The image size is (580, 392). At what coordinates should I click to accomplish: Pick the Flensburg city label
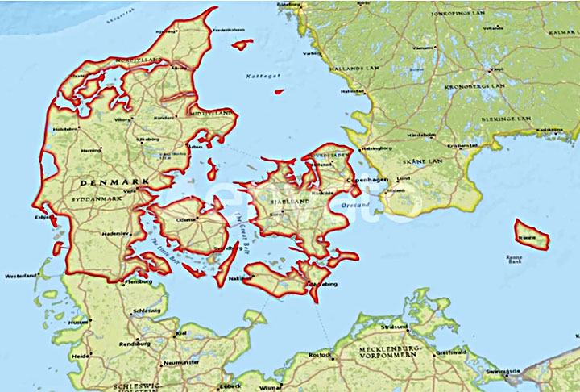[x=139, y=283]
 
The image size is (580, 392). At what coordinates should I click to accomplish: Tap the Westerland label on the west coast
[x=20, y=276]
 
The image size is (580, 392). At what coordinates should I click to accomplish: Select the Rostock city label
[x=320, y=355]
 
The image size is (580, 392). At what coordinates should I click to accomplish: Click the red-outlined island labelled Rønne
[x=532, y=234]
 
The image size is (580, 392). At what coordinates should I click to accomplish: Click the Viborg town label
[x=122, y=119]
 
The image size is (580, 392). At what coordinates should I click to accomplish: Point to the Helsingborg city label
[x=375, y=148]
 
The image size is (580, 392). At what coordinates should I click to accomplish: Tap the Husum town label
[x=78, y=322]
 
